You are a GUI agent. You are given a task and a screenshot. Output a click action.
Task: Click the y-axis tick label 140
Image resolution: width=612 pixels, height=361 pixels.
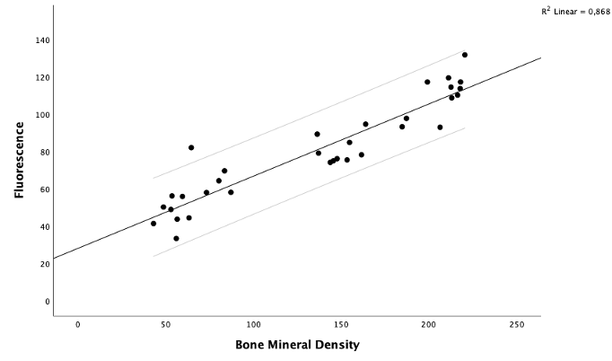click(42, 40)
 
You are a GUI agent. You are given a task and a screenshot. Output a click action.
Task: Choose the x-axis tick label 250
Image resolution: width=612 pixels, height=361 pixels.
click(516, 325)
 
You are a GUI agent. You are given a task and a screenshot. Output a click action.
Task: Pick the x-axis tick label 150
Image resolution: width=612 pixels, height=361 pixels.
click(341, 325)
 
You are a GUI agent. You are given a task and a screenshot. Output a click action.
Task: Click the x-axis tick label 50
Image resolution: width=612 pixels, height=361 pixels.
click(166, 325)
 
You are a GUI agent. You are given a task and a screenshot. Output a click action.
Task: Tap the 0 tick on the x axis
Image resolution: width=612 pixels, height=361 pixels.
click(78, 325)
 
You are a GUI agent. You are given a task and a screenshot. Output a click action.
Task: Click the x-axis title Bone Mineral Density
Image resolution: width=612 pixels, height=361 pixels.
click(297, 345)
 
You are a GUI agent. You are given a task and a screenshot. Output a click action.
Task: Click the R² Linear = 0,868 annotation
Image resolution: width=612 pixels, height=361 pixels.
click(574, 12)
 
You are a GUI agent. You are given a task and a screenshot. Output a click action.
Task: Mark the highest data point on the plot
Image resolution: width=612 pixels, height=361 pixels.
click(465, 55)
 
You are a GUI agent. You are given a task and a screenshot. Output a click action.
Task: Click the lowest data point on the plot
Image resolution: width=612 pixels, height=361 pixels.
click(176, 239)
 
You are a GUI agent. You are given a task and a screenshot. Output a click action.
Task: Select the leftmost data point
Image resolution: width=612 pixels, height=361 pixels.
click(153, 224)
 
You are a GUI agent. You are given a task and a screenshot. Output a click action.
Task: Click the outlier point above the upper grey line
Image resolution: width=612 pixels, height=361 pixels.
click(191, 147)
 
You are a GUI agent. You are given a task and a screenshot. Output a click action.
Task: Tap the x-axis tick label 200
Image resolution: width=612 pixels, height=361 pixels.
click(429, 325)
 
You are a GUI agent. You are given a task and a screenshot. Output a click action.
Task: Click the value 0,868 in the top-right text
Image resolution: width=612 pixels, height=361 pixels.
click(595, 12)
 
